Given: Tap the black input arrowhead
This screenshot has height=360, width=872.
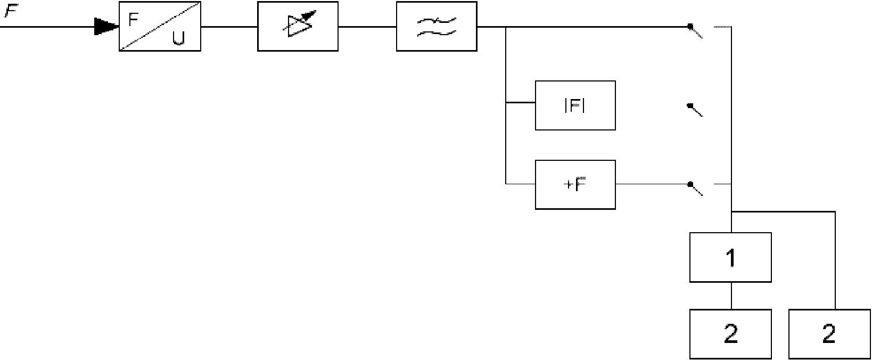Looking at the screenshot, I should tap(106, 26).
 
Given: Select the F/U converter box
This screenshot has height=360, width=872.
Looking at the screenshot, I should tap(160, 26).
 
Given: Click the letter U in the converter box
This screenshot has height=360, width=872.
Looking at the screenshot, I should tap(179, 38).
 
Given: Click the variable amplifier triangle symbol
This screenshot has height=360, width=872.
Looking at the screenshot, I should tap(298, 25).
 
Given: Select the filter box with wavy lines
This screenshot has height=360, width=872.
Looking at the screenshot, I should tap(437, 26).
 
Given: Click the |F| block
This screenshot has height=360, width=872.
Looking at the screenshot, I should tap(575, 105).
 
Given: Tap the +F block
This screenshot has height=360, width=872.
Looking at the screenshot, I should tap(575, 185).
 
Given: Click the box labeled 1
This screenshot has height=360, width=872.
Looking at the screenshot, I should tap(730, 257).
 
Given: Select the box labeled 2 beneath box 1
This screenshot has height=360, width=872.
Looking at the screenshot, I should tap(730, 334).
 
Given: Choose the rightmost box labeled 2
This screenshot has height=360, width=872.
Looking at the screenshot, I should tap(829, 334).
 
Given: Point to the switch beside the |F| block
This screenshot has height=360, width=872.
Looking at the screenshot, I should tap(695, 110).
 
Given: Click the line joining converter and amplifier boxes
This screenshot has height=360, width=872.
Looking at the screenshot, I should tap(229, 26).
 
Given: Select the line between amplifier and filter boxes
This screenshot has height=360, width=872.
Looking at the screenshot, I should tap(367, 26).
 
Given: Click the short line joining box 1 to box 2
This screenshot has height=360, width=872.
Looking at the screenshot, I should tap(731, 296).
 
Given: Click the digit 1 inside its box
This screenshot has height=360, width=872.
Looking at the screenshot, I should tap(731, 258).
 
